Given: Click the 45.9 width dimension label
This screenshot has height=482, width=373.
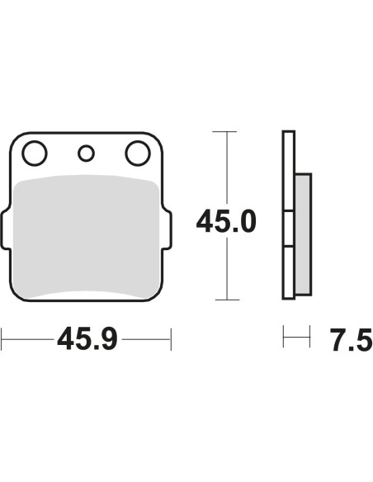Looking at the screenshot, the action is click(87, 339).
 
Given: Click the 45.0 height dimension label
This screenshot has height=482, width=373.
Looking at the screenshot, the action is click(226, 221).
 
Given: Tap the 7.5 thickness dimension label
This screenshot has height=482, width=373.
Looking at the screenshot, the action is click(352, 340).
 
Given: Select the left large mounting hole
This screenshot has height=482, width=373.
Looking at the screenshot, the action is click(35, 154).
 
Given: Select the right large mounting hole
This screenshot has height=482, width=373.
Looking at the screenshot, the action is click(138, 154).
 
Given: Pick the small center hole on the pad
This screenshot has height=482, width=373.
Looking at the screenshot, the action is click(86, 154).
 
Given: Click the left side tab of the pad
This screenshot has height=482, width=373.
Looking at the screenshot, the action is click(5, 229).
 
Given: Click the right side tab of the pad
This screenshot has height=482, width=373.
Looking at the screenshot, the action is click(168, 229).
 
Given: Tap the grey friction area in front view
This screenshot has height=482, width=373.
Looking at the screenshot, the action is click(86, 238).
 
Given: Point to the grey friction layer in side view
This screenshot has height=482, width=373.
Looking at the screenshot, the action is click(303, 234).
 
